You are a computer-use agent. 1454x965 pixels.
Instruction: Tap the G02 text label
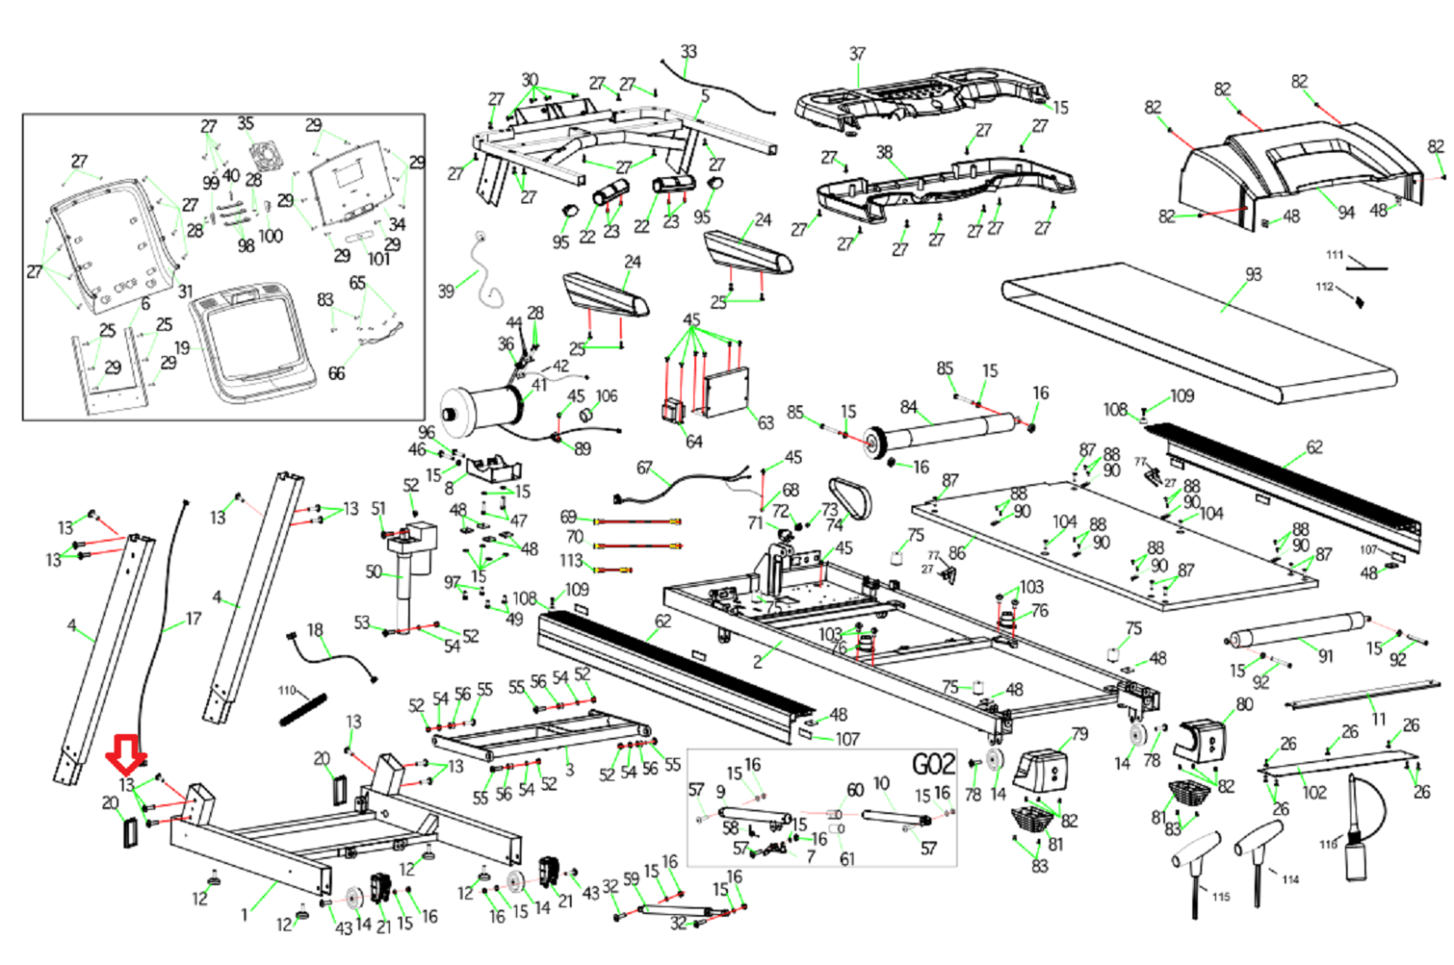pyautogui.click(x=933, y=764)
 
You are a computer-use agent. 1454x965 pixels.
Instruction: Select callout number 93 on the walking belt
pyautogui.click(x=1253, y=274)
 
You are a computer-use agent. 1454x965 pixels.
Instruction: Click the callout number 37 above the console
pyautogui.click(x=857, y=55)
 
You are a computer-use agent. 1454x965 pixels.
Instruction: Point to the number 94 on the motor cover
pyautogui.click(x=1346, y=213)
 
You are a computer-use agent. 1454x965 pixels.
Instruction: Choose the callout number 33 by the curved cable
pyautogui.click(x=689, y=52)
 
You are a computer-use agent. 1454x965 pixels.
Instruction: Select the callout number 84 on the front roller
pyautogui.click(x=909, y=407)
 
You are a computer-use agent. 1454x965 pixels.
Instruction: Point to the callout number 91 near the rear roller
pyautogui.click(x=1326, y=656)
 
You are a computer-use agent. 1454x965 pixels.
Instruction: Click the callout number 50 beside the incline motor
pyautogui.click(x=373, y=572)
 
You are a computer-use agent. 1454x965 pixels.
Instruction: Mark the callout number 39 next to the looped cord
pyautogui.click(x=445, y=291)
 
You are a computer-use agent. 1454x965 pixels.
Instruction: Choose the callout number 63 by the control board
pyautogui.click(x=765, y=423)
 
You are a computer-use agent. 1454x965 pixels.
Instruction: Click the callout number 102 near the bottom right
pyautogui.click(x=1314, y=792)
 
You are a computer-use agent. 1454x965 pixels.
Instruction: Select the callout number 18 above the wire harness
pyautogui.click(x=314, y=630)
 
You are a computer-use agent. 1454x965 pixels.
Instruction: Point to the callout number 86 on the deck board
pyautogui.click(x=957, y=552)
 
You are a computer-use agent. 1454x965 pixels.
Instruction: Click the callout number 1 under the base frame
pyautogui.click(x=244, y=915)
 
